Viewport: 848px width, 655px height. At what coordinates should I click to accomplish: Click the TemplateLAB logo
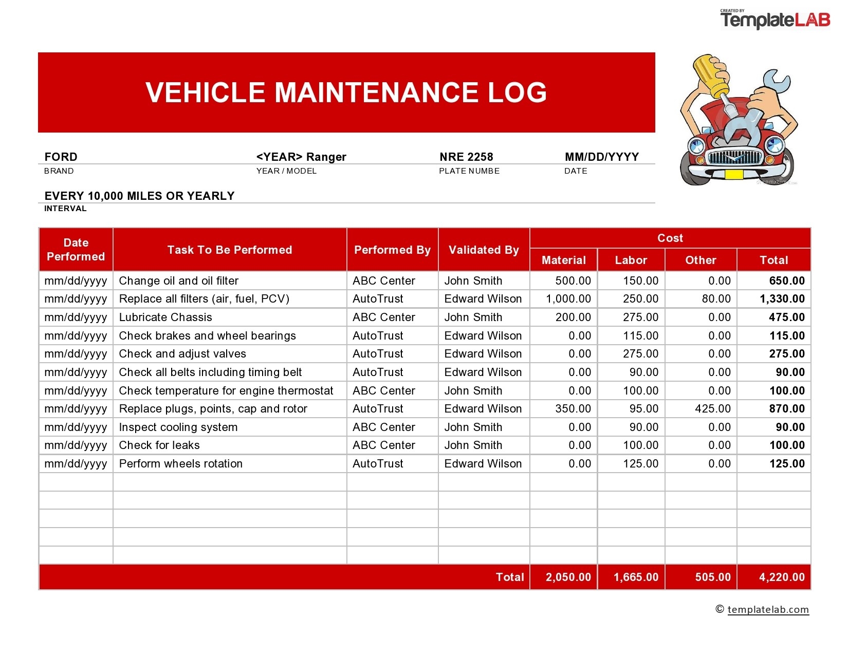(x=775, y=20)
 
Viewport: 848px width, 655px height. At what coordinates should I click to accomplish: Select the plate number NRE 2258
(x=466, y=157)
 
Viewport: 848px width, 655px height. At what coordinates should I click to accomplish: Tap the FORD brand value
(x=61, y=157)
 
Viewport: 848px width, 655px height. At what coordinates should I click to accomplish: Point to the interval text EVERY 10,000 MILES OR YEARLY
(x=139, y=196)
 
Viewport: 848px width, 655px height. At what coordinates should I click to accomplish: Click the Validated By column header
(x=484, y=250)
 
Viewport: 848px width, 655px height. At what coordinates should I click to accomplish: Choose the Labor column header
(x=631, y=260)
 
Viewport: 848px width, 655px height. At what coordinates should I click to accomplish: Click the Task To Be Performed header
(x=229, y=250)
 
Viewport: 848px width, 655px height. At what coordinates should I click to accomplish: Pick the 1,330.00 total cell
(x=782, y=299)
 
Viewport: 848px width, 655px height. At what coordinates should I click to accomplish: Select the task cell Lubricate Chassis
(x=165, y=317)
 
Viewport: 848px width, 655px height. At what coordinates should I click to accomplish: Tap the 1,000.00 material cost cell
(x=568, y=299)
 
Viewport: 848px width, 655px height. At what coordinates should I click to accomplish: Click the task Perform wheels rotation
(x=180, y=464)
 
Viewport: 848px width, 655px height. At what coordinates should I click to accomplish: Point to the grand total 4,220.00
(x=781, y=577)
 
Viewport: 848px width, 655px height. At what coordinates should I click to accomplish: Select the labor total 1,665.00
(x=636, y=577)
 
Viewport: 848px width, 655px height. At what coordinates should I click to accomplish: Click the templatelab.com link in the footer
(x=768, y=610)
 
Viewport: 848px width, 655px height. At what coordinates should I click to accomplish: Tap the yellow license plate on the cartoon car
(x=733, y=175)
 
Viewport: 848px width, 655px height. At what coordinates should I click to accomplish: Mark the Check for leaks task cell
(x=159, y=445)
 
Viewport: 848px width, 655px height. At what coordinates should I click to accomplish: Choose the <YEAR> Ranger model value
(x=301, y=157)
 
